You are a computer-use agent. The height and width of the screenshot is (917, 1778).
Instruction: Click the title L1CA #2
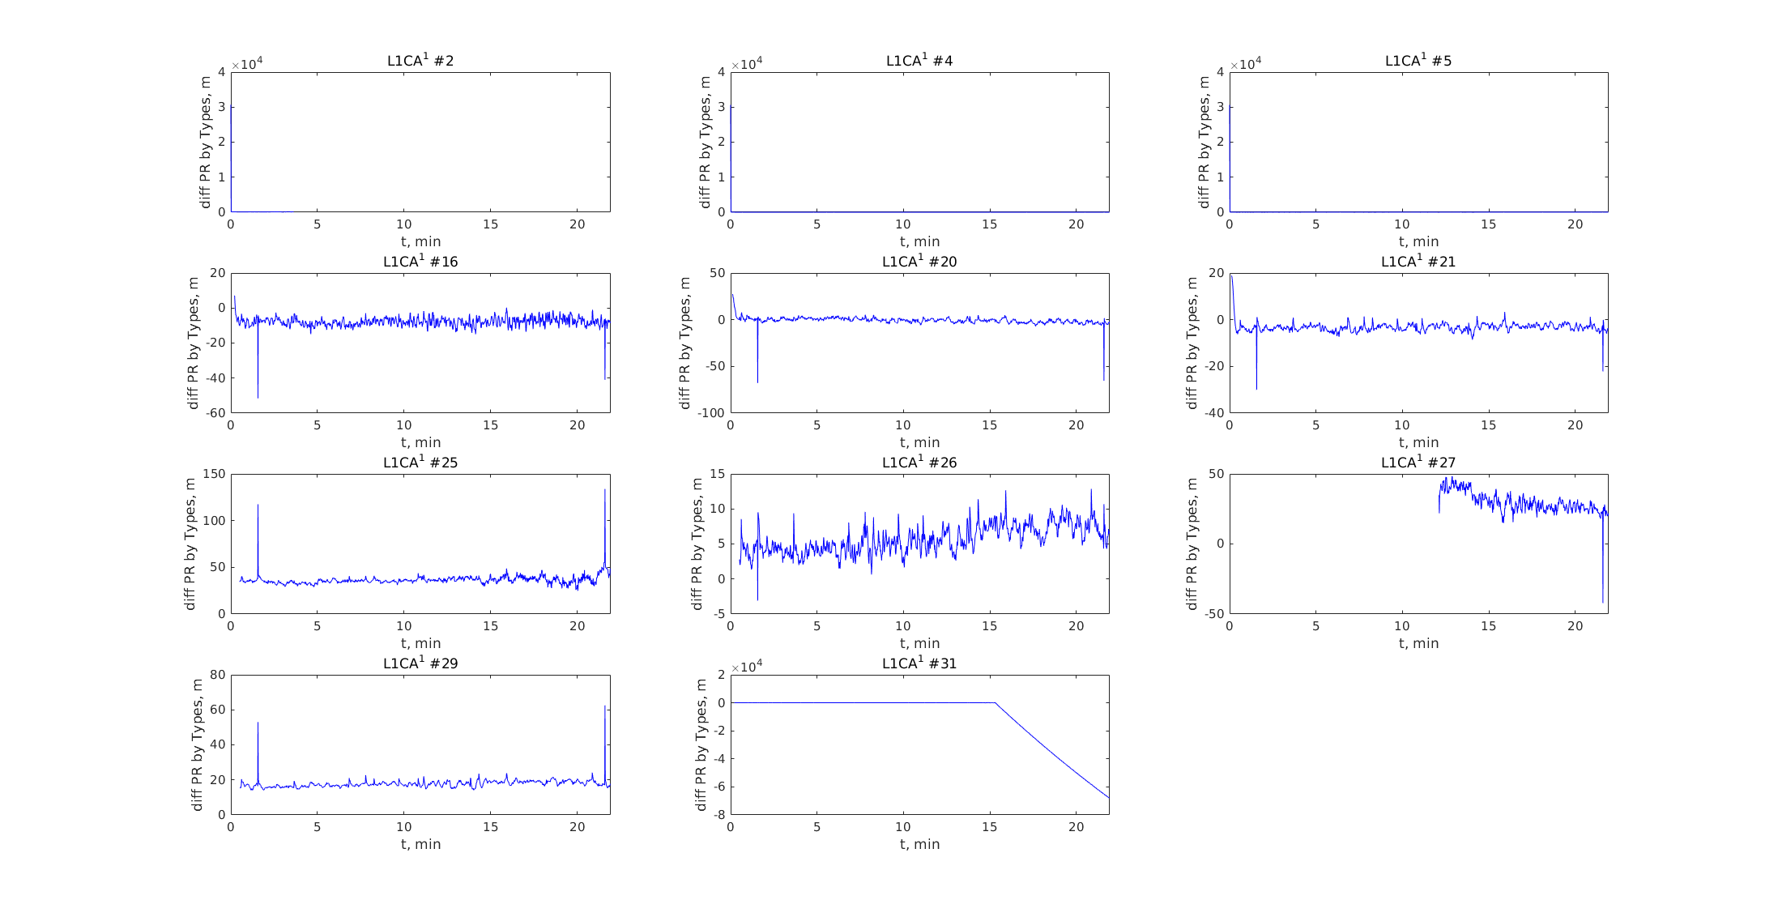tap(420, 61)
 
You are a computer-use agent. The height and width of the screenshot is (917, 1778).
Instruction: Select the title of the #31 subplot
tap(919, 663)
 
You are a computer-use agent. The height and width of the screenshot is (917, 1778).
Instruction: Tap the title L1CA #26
tap(919, 463)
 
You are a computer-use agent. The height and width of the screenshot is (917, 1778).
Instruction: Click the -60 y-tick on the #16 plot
tap(216, 413)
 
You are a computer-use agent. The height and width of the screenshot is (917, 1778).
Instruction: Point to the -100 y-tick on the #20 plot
tap(712, 413)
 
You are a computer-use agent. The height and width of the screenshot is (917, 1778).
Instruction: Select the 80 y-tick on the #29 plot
tap(218, 675)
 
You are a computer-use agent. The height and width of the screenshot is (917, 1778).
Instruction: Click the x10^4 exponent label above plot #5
tap(1246, 65)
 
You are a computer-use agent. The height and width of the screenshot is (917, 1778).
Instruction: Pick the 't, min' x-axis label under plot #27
tap(1418, 643)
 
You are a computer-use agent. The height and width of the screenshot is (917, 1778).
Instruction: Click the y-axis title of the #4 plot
tap(705, 142)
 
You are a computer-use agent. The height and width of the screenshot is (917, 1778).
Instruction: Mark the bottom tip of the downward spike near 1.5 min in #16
tap(258, 398)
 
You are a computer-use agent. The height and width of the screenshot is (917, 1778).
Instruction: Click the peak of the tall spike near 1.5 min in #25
tap(258, 505)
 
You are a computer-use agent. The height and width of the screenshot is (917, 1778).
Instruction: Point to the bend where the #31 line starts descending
tap(995, 702)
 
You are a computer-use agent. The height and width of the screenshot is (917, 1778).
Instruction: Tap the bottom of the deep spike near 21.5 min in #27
tap(1603, 603)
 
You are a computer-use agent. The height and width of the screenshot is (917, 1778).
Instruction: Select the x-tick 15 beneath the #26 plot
tap(989, 626)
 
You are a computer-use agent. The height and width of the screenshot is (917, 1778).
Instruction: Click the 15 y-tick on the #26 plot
tap(717, 474)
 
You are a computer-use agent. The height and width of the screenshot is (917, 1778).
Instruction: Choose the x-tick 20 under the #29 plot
tap(577, 827)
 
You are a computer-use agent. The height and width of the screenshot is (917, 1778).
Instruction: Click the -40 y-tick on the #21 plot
tap(1213, 413)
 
